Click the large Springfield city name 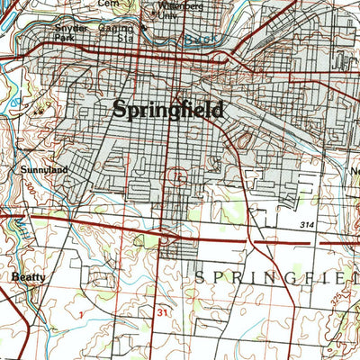(x=168, y=110)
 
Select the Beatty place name (x=28, y=277)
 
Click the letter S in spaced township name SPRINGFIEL (x=200, y=278)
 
